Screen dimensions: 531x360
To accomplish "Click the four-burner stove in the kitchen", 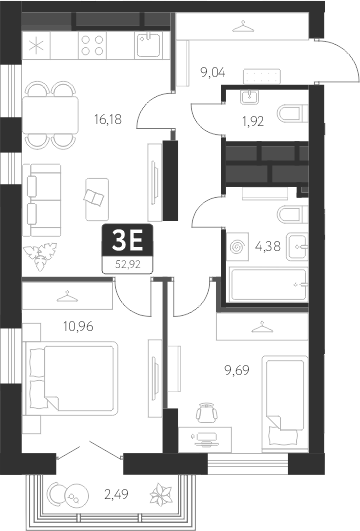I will (x=92, y=45).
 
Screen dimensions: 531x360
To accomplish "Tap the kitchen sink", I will (x=147, y=44).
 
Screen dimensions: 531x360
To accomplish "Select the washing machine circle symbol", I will (x=237, y=244).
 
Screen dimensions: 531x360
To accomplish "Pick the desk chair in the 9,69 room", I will (x=206, y=411).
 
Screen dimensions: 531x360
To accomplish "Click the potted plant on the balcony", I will (x=160, y=494).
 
